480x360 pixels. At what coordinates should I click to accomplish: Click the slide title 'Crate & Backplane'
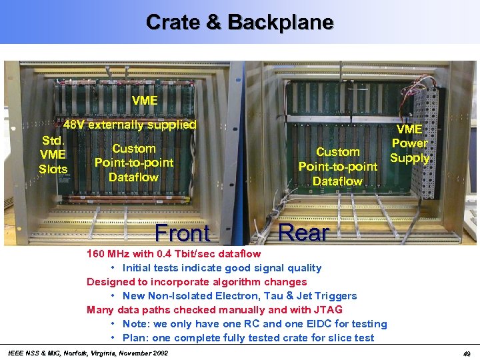[x=239, y=22]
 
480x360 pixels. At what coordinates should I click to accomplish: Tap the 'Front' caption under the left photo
[x=182, y=233]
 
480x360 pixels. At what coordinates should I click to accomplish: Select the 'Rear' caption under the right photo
[x=303, y=233]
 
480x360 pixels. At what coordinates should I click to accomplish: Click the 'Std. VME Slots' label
[x=53, y=155]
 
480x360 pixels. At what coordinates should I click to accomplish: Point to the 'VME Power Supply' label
[x=409, y=143]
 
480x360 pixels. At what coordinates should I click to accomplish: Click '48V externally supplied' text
[x=130, y=125]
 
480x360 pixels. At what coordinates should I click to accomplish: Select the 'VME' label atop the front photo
[x=145, y=101]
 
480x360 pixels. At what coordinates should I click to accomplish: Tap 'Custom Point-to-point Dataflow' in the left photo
[x=134, y=163]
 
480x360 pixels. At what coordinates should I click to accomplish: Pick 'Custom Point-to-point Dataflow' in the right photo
[x=338, y=167]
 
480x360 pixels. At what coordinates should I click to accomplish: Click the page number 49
[x=467, y=353]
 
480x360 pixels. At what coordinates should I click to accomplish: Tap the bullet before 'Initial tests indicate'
[x=114, y=268]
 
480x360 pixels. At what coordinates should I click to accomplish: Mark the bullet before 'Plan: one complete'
[x=114, y=338]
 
